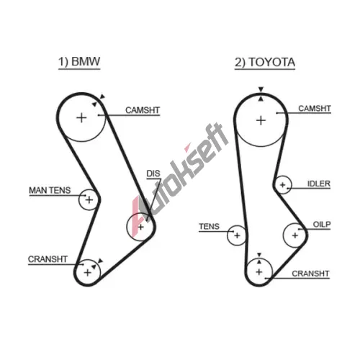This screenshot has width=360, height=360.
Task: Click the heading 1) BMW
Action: point(79,62)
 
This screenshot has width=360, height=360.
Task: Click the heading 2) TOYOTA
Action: point(265,63)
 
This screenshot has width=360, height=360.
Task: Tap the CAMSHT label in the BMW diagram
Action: point(143,110)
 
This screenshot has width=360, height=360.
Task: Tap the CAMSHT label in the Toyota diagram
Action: point(315,109)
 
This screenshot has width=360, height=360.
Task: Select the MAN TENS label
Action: point(50,190)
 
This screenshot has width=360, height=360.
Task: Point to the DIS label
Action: point(153,174)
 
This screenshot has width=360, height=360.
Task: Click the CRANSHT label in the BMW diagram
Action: point(48,259)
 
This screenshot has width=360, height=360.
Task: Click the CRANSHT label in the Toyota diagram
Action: point(310,274)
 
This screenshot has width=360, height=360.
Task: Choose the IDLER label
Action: point(319,184)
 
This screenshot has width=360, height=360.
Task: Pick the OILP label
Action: point(322,225)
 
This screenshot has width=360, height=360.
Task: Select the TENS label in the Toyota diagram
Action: point(209,226)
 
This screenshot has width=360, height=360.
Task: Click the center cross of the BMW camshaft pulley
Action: point(81,118)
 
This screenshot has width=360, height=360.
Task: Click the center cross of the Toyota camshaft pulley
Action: point(261,120)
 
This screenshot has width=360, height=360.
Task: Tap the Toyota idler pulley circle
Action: point(291,185)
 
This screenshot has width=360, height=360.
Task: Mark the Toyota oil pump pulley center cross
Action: point(295,235)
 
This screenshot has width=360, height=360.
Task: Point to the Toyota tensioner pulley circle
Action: point(228,235)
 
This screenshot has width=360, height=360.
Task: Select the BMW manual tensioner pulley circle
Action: point(78,199)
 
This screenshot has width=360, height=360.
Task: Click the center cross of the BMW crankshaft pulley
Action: point(88,273)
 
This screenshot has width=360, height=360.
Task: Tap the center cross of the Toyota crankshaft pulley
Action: point(259,272)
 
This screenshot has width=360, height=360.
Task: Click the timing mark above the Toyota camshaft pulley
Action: point(261,89)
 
